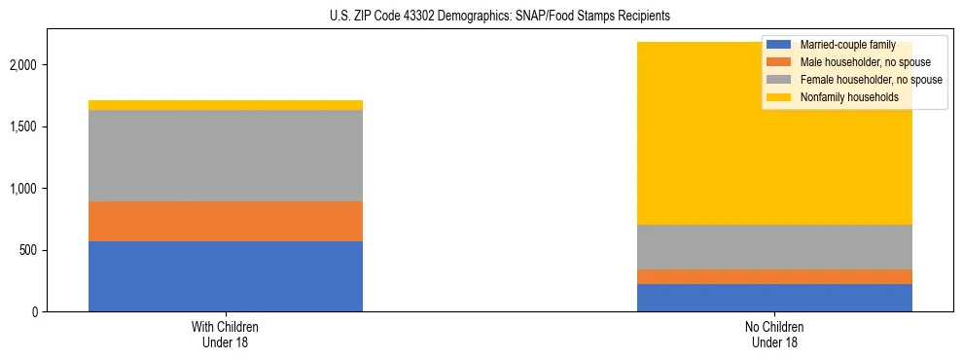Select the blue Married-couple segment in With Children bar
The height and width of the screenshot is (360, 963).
point(225,276)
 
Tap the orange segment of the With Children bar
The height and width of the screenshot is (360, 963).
point(225,221)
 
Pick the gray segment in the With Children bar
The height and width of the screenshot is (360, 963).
point(225,156)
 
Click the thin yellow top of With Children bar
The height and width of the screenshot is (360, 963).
point(225,105)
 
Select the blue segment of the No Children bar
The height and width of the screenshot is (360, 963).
point(774,298)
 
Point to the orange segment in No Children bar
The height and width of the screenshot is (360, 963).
point(774,277)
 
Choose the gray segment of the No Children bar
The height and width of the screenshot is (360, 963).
point(774,247)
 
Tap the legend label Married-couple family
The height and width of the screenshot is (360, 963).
point(845,45)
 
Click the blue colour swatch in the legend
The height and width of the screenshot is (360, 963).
point(779,45)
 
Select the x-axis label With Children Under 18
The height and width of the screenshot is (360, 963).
point(225,334)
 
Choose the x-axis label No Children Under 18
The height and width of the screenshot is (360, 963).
point(774,334)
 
